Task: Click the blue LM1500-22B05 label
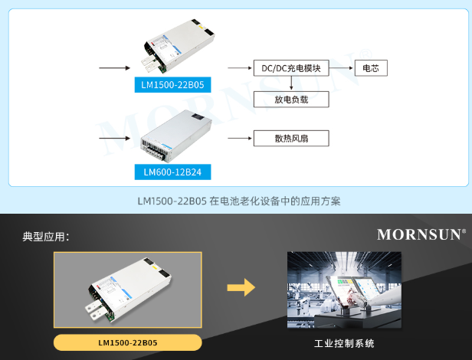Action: click(172, 84)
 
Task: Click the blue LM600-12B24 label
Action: click(172, 172)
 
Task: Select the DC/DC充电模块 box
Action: click(291, 68)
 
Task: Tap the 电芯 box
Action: click(369, 68)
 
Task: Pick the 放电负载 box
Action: click(291, 99)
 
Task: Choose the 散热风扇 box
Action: click(291, 138)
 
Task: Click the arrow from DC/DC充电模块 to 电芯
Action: click(341, 68)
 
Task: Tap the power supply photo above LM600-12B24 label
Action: click(173, 135)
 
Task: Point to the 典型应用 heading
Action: click(46, 237)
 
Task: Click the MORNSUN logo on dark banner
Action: click(421, 234)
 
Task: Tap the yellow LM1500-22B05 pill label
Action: click(128, 342)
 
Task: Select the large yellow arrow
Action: click(241, 288)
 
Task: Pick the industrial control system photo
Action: click(344, 290)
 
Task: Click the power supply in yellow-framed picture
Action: click(127, 289)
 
